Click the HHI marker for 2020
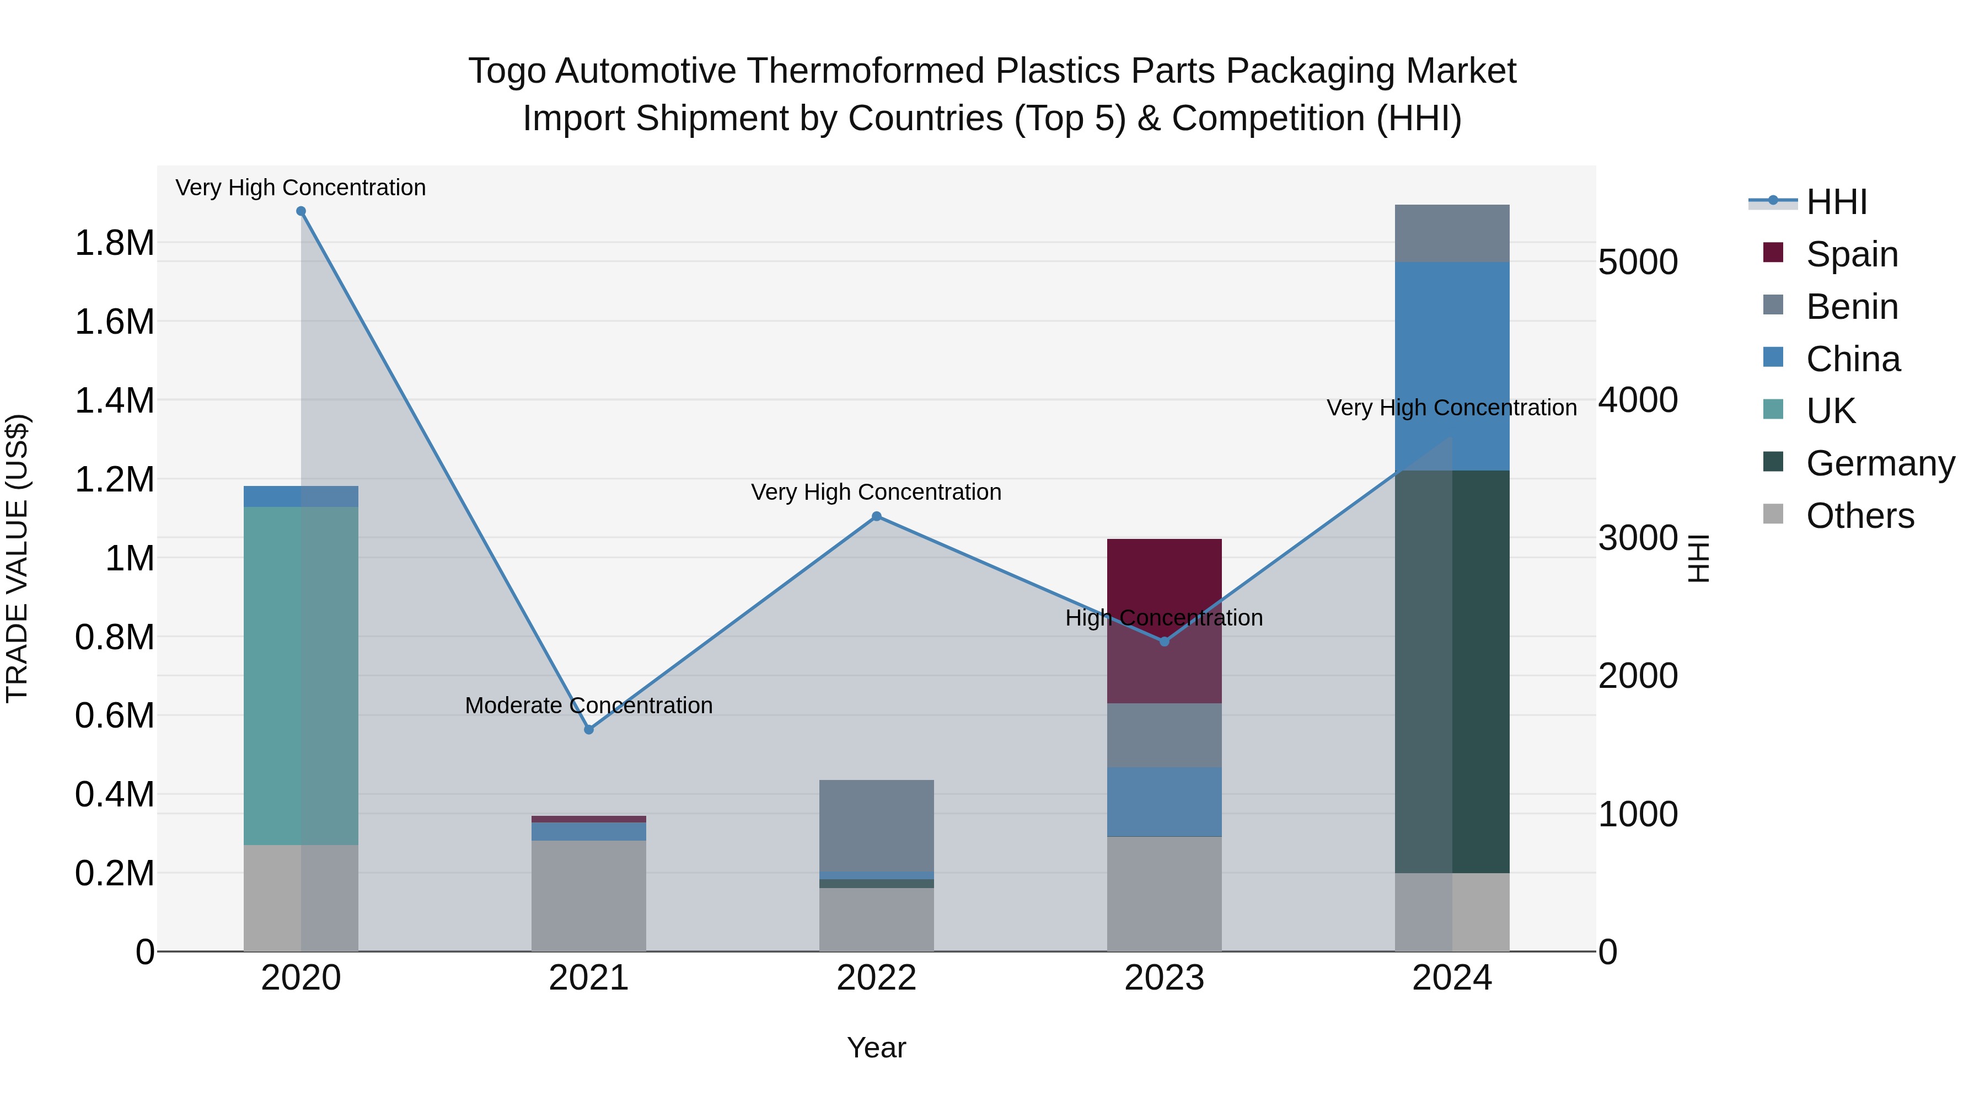point(301,211)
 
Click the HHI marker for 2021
point(589,729)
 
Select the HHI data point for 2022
point(876,516)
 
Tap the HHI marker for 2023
point(1165,642)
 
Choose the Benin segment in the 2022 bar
point(876,825)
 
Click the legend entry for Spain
point(1852,254)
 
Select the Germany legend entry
point(1880,463)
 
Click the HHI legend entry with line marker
point(1836,202)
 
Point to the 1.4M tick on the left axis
point(115,401)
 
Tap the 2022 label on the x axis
point(876,977)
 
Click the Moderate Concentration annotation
point(589,706)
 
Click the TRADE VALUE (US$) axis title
point(17,558)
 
